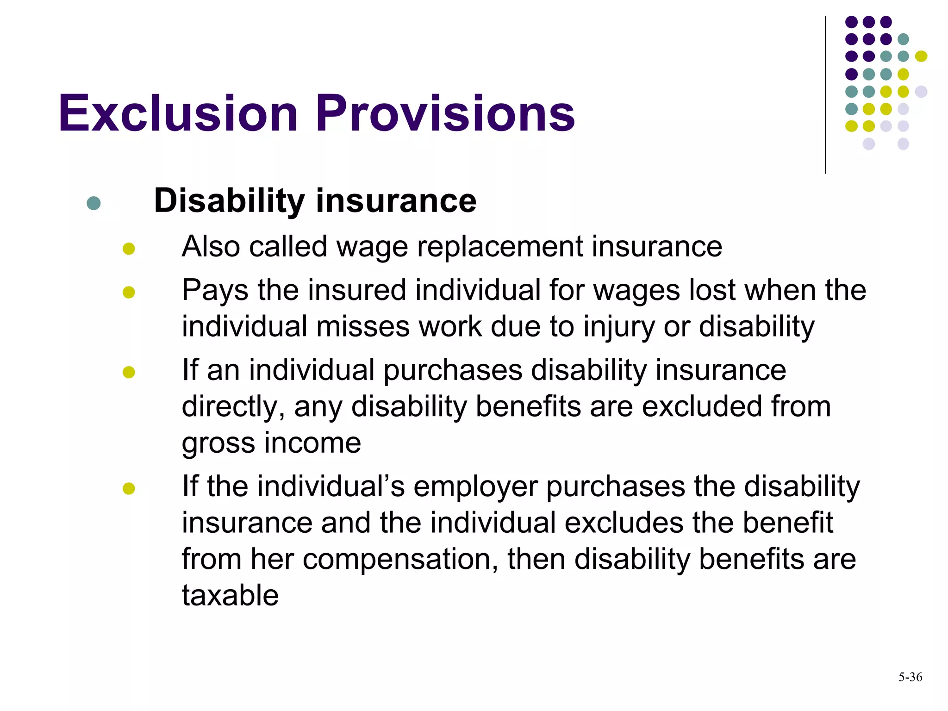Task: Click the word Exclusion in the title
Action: (178, 113)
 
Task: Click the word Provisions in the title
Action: (445, 113)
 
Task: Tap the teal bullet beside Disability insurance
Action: (94, 203)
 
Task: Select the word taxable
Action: (230, 595)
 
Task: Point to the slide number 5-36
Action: (910, 677)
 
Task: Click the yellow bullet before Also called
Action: (129, 249)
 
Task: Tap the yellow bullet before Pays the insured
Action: (129, 293)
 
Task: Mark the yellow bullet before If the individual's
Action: (129, 488)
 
